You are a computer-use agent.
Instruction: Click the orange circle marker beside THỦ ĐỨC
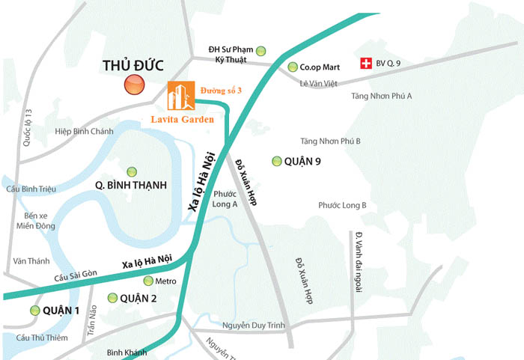[x=134, y=85]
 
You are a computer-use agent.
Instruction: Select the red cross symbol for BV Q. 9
[x=367, y=64]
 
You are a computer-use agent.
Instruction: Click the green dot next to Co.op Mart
[x=293, y=67]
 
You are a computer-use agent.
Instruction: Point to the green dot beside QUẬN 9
[x=277, y=161]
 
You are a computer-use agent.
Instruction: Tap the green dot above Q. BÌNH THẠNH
[x=132, y=171]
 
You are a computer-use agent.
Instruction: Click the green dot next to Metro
[x=148, y=281]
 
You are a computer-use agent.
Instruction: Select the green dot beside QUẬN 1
[x=34, y=311]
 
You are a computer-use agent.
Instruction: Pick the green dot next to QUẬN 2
[x=112, y=298]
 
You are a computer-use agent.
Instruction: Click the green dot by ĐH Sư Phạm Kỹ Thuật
[x=261, y=51]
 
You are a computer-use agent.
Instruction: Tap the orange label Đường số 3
[x=222, y=91]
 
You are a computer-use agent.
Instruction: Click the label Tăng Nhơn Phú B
[x=330, y=141]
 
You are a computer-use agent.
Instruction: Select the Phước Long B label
[x=342, y=205]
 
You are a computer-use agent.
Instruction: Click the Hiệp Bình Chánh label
[x=84, y=131]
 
